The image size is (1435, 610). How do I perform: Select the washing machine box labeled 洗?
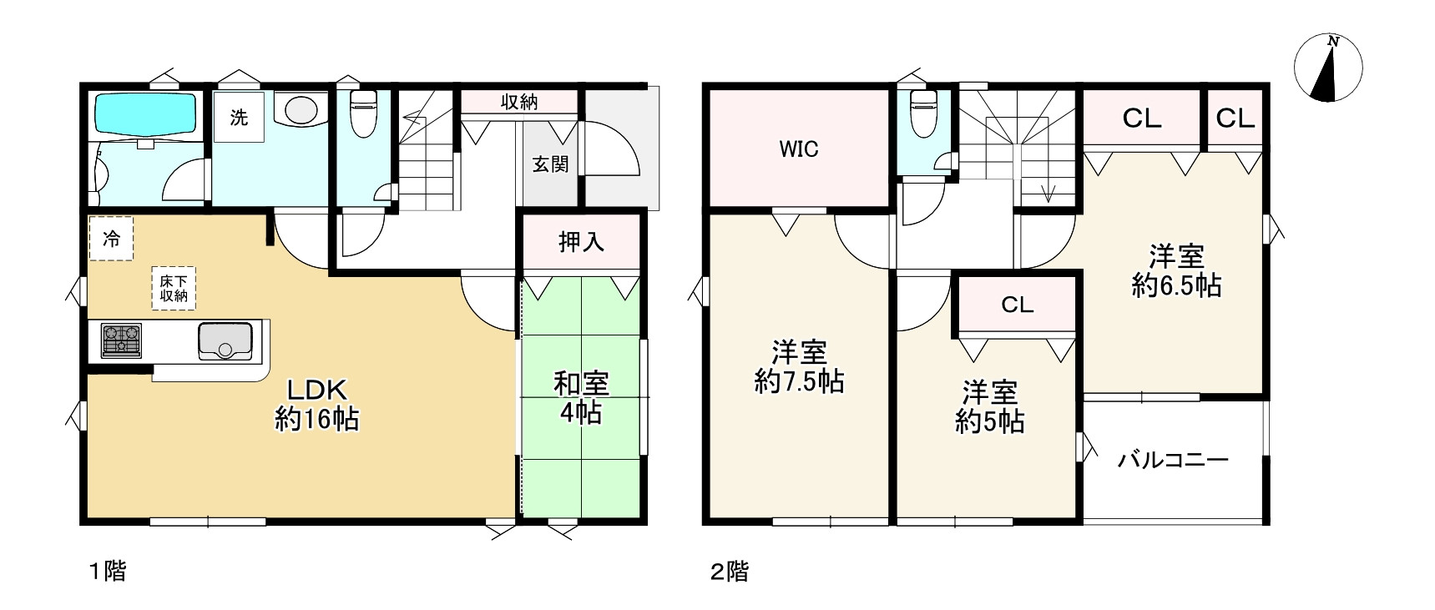point(239,118)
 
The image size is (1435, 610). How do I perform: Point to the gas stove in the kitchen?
point(121,340)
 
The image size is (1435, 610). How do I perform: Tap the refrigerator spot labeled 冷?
point(111,239)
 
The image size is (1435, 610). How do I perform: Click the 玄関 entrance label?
point(550,164)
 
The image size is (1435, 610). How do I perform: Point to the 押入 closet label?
point(581,243)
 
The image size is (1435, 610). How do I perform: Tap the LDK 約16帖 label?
point(316,404)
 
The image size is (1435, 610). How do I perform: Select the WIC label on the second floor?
point(799,149)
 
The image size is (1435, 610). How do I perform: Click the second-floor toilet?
point(922,115)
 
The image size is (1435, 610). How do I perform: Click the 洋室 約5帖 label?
point(990,406)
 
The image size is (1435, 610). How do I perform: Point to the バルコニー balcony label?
point(1173,460)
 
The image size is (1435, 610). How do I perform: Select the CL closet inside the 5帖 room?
point(1017,305)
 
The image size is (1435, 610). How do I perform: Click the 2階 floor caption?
point(729,572)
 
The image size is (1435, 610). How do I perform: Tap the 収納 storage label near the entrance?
point(518,102)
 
